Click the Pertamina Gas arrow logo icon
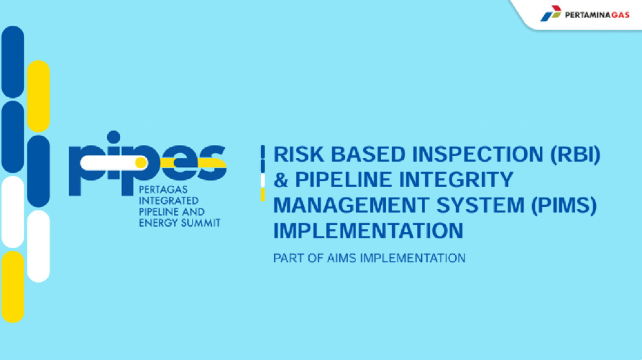click(x=550, y=13)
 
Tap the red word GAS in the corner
click(x=620, y=15)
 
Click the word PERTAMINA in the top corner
click(x=588, y=15)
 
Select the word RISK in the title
click(x=298, y=154)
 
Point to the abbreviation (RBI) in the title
click(x=576, y=154)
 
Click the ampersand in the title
click(x=281, y=180)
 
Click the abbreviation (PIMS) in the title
click(x=564, y=205)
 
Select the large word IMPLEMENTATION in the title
click(x=368, y=231)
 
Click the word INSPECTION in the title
click(x=477, y=154)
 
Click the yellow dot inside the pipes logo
click(x=141, y=162)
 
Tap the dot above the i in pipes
click(x=113, y=137)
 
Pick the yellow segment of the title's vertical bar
click(x=263, y=194)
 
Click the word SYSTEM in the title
click(x=481, y=205)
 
